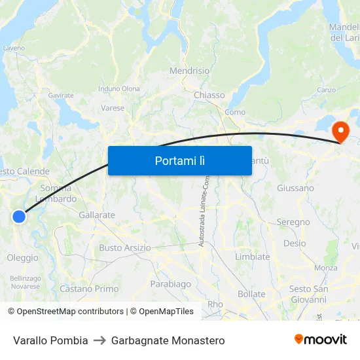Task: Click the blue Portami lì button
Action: click(x=179, y=160)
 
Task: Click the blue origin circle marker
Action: click(x=19, y=216)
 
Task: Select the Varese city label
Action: click(x=113, y=108)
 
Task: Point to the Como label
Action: click(x=235, y=112)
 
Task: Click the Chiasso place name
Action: click(x=209, y=95)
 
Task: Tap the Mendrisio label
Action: click(x=189, y=71)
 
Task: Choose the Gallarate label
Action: click(x=96, y=215)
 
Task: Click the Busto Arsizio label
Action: click(x=124, y=248)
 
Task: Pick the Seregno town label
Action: click(x=293, y=222)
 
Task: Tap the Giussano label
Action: click(x=295, y=188)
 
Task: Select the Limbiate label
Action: click(x=252, y=257)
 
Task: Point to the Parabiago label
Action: click(x=170, y=284)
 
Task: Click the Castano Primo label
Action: click(x=89, y=289)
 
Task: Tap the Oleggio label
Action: click(x=22, y=258)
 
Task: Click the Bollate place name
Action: click(x=251, y=294)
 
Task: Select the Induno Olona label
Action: click(x=118, y=89)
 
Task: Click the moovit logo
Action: click(x=320, y=340)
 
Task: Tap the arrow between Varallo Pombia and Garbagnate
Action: click(x=99, y=340)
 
